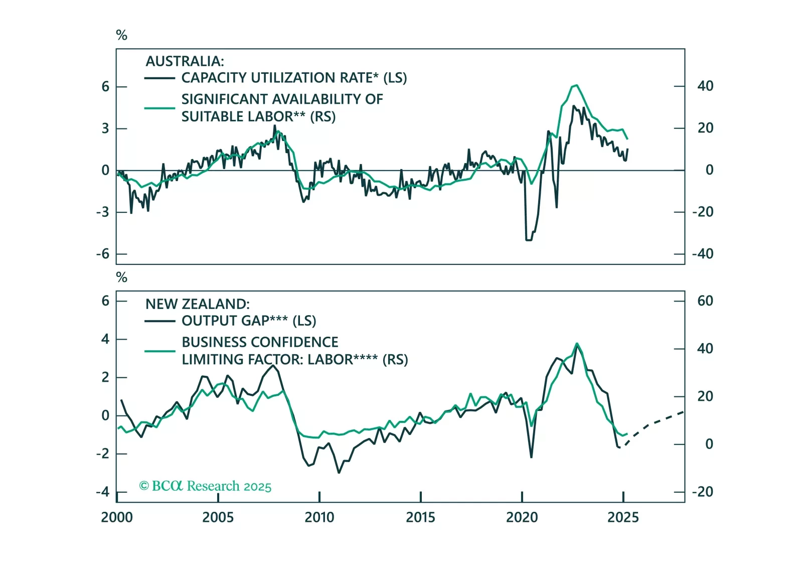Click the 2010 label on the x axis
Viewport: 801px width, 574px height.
pyautogui.click(x=319, y=517)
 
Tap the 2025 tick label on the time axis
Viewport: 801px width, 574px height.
pyautogui.click(x=623, y=517)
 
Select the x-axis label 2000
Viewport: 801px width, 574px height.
pyautogui.click(x=117, y=517)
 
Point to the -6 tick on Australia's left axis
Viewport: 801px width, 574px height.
pyautogui.click(x=103, y=254)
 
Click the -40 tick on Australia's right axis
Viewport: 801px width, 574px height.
pyautogui.click(x=703, y=254)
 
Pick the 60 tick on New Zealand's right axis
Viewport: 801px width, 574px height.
pyautogui.click(x=705, y=301)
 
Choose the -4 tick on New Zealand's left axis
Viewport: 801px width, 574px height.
pyautogui.click(x=103, y=492)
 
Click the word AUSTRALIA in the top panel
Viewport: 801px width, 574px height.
pyautogui.click(x=185, y=61)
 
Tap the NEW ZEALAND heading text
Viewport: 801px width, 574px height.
pyautogui.click(x=197, y=304)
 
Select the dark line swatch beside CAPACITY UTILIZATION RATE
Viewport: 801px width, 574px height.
pyautogui.click(x=159, y=78)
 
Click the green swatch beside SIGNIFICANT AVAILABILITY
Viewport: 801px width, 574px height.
pyautogui.click(x=159, y=108)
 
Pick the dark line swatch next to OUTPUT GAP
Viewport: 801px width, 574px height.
pyautogui.click(x=159, y=321)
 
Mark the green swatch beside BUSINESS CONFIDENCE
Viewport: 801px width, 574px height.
pyautogui.click(x=159, y=351)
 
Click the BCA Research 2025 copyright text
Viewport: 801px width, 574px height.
pyautogui.click(x=205, y=486)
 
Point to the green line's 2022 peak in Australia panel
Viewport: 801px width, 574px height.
pyautogui.click(x=576, y=85)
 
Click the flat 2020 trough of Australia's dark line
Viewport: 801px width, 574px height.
pyautogui.click(x=528, y=240)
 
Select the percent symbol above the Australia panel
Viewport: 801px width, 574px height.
pyautogui.click(x=121, y=35)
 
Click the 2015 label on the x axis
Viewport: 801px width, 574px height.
pyautogui.click(x=420, y=517)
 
